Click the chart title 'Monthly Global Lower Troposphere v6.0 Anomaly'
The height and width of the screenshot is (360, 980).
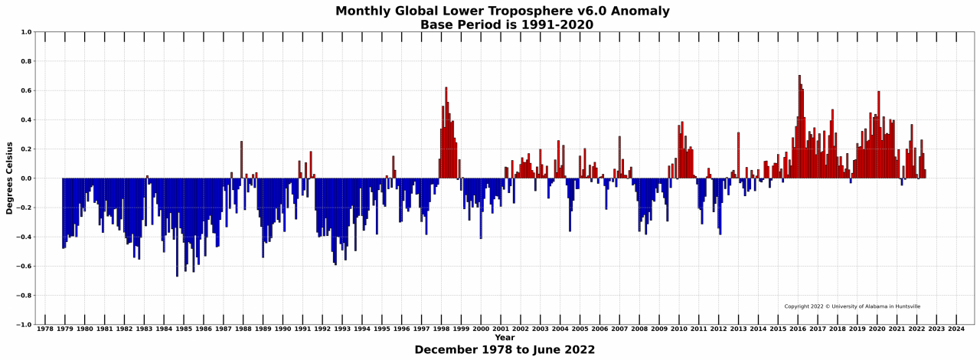[502, 11]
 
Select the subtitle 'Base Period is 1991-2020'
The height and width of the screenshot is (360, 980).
[506, 25]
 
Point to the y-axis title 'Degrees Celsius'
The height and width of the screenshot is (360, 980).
[10, 178]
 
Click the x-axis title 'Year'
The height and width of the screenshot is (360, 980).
[505, 338]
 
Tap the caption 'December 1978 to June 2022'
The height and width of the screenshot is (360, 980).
[505, 350]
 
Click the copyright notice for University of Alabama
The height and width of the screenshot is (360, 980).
[852, 306]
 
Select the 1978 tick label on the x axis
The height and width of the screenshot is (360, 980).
[45, 329]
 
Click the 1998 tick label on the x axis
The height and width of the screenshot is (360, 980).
[441, 329]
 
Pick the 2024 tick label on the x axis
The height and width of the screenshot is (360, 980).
[956, 329]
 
